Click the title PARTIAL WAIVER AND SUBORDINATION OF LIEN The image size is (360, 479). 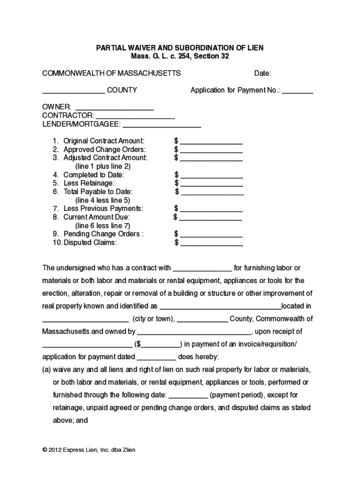point(180,48)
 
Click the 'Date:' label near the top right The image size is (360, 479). point(262,73)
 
